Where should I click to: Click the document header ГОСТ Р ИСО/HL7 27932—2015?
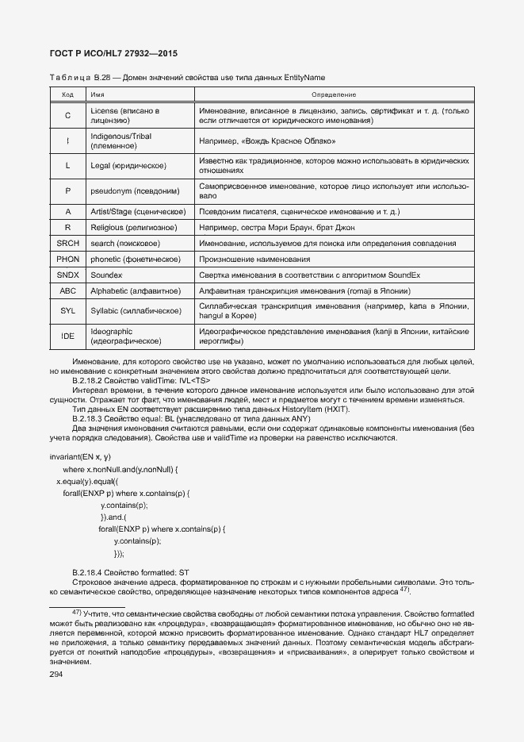coord(113,53)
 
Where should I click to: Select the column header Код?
coord(67,94)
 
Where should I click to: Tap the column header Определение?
coord(333,94)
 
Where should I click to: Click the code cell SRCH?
coord(67,242)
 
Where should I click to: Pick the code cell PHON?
coord(67,259)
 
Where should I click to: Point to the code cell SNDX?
coord(67,275)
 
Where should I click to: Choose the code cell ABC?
coord(67,291)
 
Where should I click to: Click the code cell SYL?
coord(67,310)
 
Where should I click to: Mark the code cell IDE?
coord(67,336)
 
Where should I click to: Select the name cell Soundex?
coord(107,275)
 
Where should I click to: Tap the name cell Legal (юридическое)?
coord(128,165)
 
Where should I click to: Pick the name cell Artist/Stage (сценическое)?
coord(138,212)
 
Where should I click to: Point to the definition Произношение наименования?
coord(254,259)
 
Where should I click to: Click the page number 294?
coord(56,674)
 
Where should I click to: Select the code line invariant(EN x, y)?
coord(80,457)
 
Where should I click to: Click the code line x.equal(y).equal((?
coord(86,482)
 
